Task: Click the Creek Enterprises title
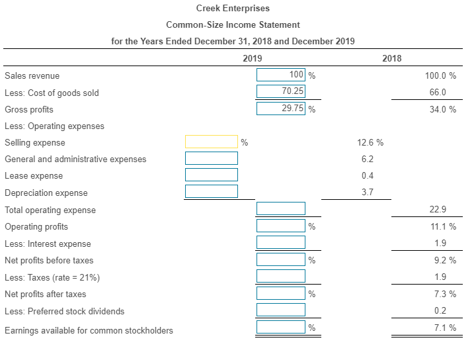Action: click(x=233, y=9)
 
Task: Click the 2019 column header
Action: click(x=253, y=59)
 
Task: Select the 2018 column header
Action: click(x=392, y=59)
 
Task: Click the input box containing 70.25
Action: click(x=281, y=91)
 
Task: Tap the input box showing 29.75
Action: click(x=281, y=109)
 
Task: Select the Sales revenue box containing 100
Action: click(x=281, y=75)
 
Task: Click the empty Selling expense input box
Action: click(x=211, y=142)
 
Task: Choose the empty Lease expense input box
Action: click(x=211, y=175)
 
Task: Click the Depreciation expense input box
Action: click(x=211, y=191)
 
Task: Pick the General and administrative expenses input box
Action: click(x=211, y=158)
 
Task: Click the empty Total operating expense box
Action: click(x=281, y=209)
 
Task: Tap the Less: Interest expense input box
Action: click(x=281, y=243)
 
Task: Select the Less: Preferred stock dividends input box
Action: click(x=281, y=310)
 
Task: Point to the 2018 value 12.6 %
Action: click(x=370, y=142)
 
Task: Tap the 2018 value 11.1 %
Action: click(x=442, y=227)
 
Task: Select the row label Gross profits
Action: click(x=29, y=109)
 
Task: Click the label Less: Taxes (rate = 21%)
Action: click(x=52, y=277)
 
